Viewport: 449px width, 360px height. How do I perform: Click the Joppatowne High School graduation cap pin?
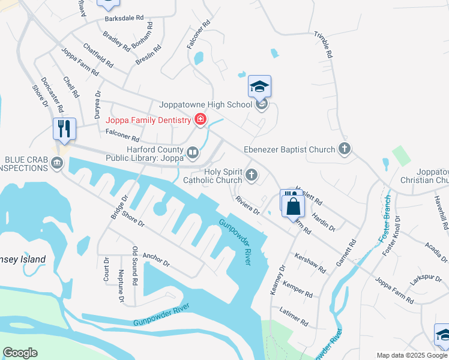tap(260, 88)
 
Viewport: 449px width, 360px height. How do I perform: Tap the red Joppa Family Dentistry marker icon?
tap(200, 120)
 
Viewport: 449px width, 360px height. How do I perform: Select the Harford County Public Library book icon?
tap(192, 153)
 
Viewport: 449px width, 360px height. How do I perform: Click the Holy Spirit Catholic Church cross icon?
tap(252, 176)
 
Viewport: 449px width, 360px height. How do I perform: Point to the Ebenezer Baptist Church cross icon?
tap(344, 148)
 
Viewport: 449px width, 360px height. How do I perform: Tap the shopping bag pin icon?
tap(294, 207)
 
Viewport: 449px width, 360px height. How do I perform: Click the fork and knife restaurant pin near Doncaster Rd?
tap(64, 128)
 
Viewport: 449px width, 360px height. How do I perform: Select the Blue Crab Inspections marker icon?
tap(56, 163)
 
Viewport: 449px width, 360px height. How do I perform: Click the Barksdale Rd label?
tap(124, 19)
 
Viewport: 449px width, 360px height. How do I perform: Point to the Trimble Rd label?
tap(323, 44)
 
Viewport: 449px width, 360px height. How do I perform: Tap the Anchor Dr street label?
tap(157, 259)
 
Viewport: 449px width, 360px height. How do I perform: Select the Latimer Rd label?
tap(294, 317)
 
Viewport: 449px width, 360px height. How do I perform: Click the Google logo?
tap(20, 353)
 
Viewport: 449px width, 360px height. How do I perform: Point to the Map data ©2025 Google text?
tap(411, 355)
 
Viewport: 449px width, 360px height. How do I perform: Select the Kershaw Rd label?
tap(310, 262)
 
